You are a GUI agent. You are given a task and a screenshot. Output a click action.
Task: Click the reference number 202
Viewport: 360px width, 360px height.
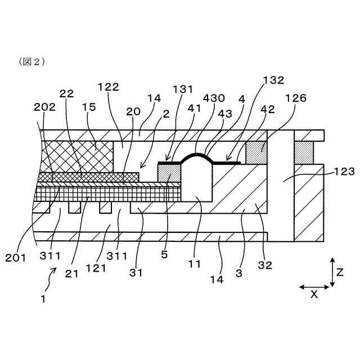(x=44, y=106)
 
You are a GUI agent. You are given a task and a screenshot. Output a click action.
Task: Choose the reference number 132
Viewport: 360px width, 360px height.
(x=273, y=80)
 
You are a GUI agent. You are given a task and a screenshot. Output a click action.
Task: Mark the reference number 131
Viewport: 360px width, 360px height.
(x=183, y=89)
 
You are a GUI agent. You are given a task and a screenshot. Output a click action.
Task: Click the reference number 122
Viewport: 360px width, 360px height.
(x=108, y=87)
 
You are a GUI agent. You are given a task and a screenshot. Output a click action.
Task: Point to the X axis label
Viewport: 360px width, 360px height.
(x=314, y=294)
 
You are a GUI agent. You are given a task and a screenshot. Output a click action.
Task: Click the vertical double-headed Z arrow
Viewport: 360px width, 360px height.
(x=332, y=272)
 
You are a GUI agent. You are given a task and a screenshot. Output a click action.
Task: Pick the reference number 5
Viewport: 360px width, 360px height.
(x=164, y=254)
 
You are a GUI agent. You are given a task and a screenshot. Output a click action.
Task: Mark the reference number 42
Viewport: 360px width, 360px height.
(x=268, y=110)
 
